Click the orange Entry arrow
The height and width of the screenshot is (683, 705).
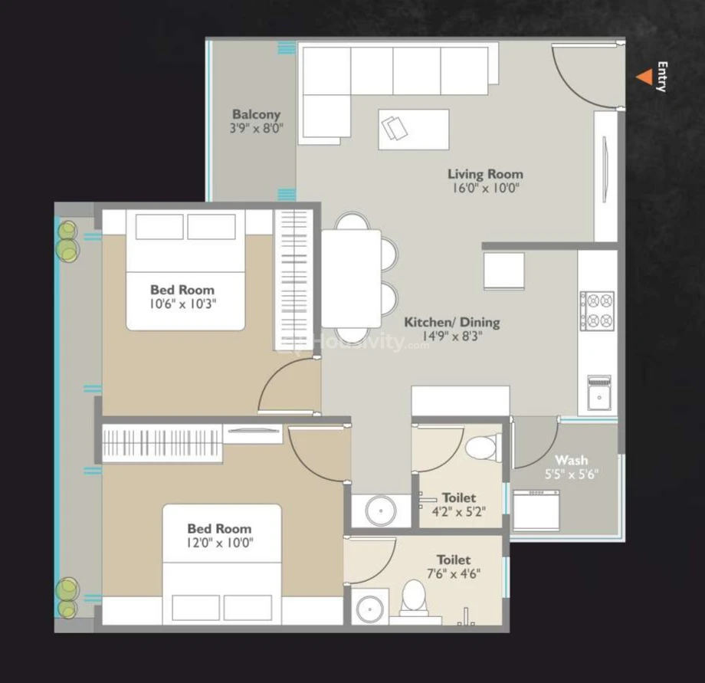point(645,77)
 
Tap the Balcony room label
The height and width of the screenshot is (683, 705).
point(256,114)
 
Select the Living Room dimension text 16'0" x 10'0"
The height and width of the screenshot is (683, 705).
point(486,188)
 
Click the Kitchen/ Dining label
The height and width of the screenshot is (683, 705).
point(452,322)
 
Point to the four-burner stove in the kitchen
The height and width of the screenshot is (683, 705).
point(597,311)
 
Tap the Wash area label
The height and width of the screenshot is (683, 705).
point(572,460)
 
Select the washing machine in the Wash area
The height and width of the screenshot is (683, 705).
point(536,510)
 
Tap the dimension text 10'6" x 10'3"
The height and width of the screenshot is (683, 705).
point(182,304)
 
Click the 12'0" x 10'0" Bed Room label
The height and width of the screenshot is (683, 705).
point(219,529)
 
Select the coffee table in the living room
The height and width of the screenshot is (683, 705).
point(414,129)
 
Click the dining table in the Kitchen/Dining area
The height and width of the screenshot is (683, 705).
point(351,279)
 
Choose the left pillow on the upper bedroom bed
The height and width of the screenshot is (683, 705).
point(159,227)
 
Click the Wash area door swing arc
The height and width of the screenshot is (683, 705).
point(545,454)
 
